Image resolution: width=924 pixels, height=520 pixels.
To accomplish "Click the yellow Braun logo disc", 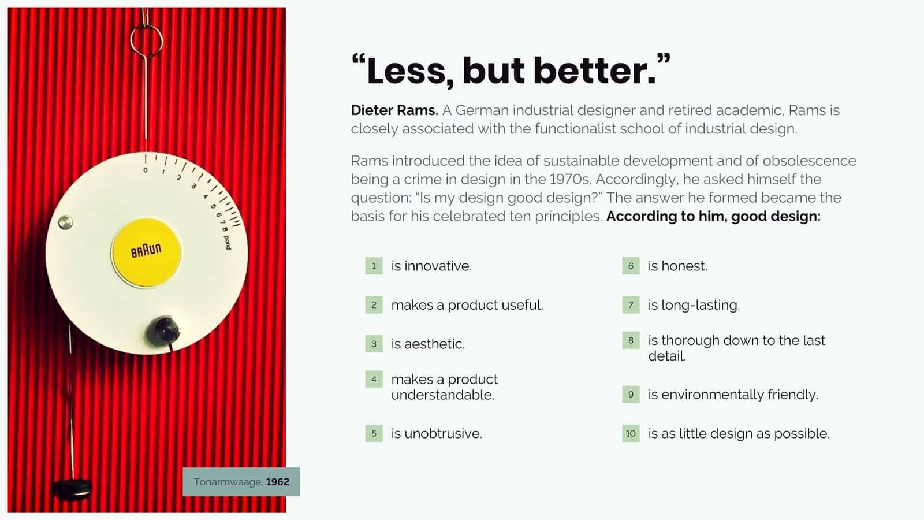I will (146, 252).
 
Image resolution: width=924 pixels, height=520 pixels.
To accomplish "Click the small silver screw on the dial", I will (65, 222).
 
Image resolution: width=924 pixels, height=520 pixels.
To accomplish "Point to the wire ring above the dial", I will (146, 39).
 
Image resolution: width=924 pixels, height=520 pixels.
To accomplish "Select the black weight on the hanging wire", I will (72, 488).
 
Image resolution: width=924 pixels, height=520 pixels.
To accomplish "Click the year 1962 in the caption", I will (277, 482).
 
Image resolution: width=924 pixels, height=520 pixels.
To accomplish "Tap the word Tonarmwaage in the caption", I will (228, 482).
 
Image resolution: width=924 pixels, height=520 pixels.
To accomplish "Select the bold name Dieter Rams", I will (394, 110).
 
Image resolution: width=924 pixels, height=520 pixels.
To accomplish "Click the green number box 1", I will (374, 266).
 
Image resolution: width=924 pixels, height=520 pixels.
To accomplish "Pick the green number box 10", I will (631, 433).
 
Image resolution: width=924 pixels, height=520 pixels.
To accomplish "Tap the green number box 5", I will (374, 433).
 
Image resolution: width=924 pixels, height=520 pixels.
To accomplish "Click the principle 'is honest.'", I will (677, 266).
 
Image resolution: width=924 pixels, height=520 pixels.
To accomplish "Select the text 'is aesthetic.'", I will (428, 344).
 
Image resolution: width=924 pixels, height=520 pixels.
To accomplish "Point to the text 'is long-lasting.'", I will (694, 304).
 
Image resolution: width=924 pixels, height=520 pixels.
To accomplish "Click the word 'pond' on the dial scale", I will (227, 243).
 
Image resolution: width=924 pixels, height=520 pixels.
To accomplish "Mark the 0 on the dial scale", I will (146, 170).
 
